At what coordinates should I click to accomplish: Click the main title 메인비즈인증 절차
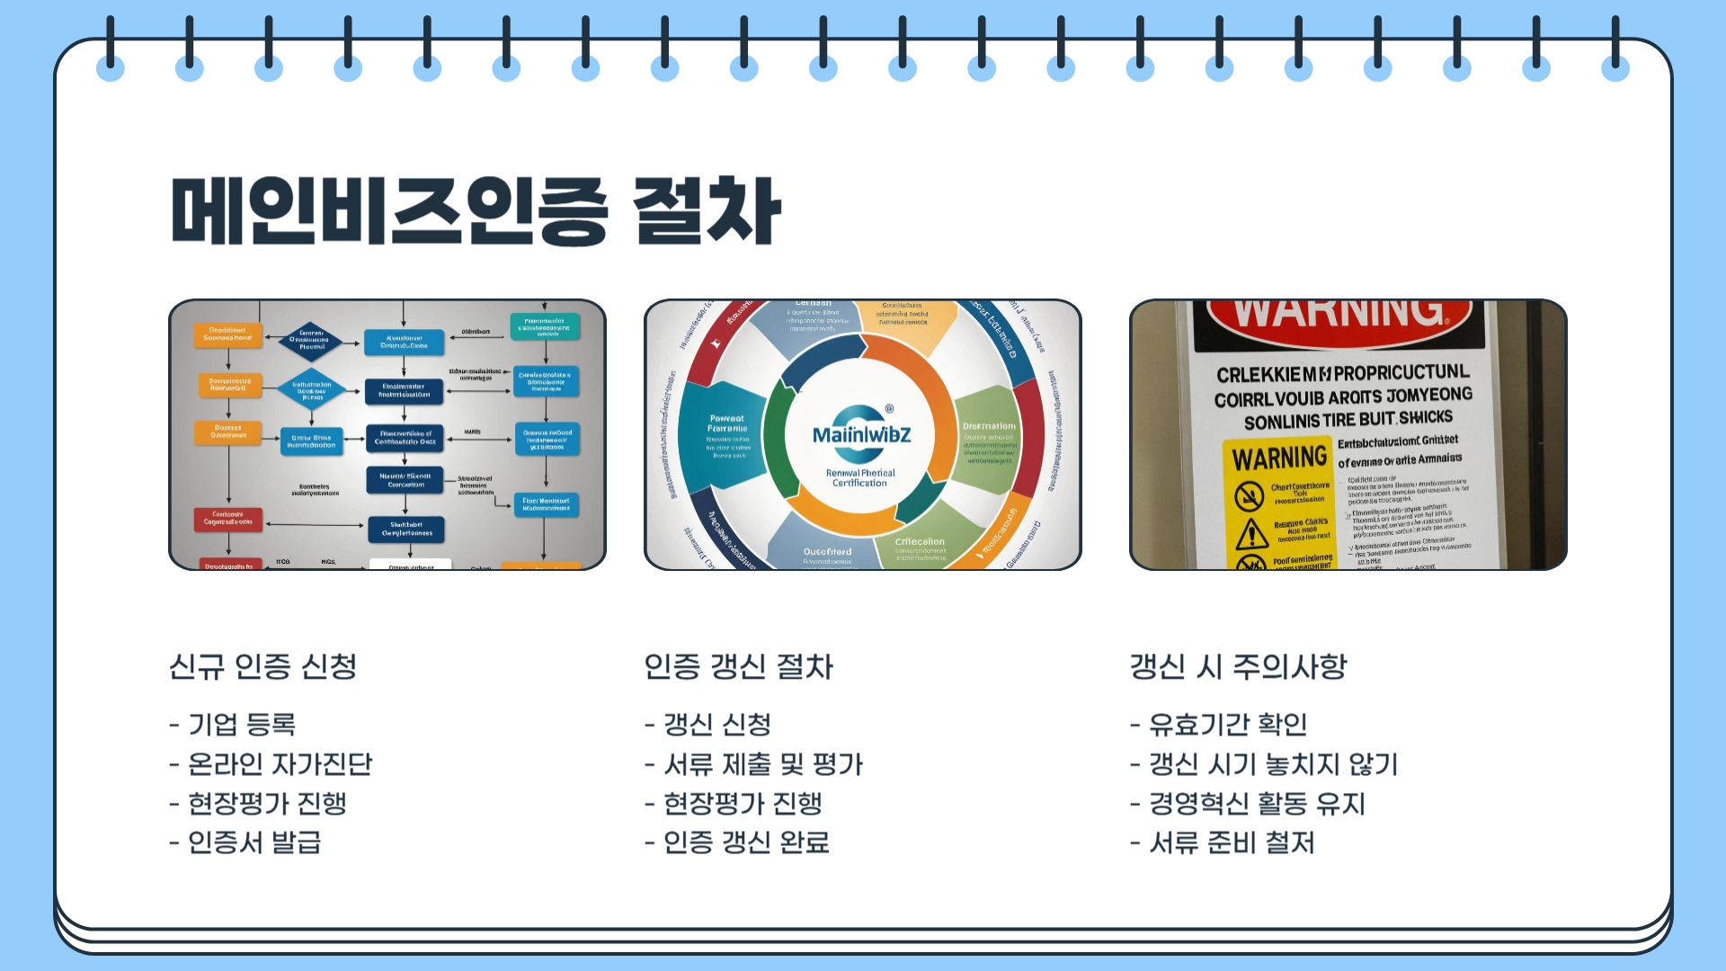coord(476,211)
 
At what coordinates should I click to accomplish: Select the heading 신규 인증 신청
coord(262,667)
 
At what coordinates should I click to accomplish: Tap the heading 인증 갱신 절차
coord(738,667)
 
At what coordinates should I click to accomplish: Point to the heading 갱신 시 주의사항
coord(1238,667)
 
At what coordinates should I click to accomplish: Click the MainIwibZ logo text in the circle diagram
coord(861,435)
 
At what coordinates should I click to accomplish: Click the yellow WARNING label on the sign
coord(1278,459)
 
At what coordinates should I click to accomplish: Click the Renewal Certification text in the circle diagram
coord(860,477)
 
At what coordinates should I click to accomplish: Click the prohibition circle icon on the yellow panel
coord(1249,495)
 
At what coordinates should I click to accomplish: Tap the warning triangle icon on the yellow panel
coord(1251,534)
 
